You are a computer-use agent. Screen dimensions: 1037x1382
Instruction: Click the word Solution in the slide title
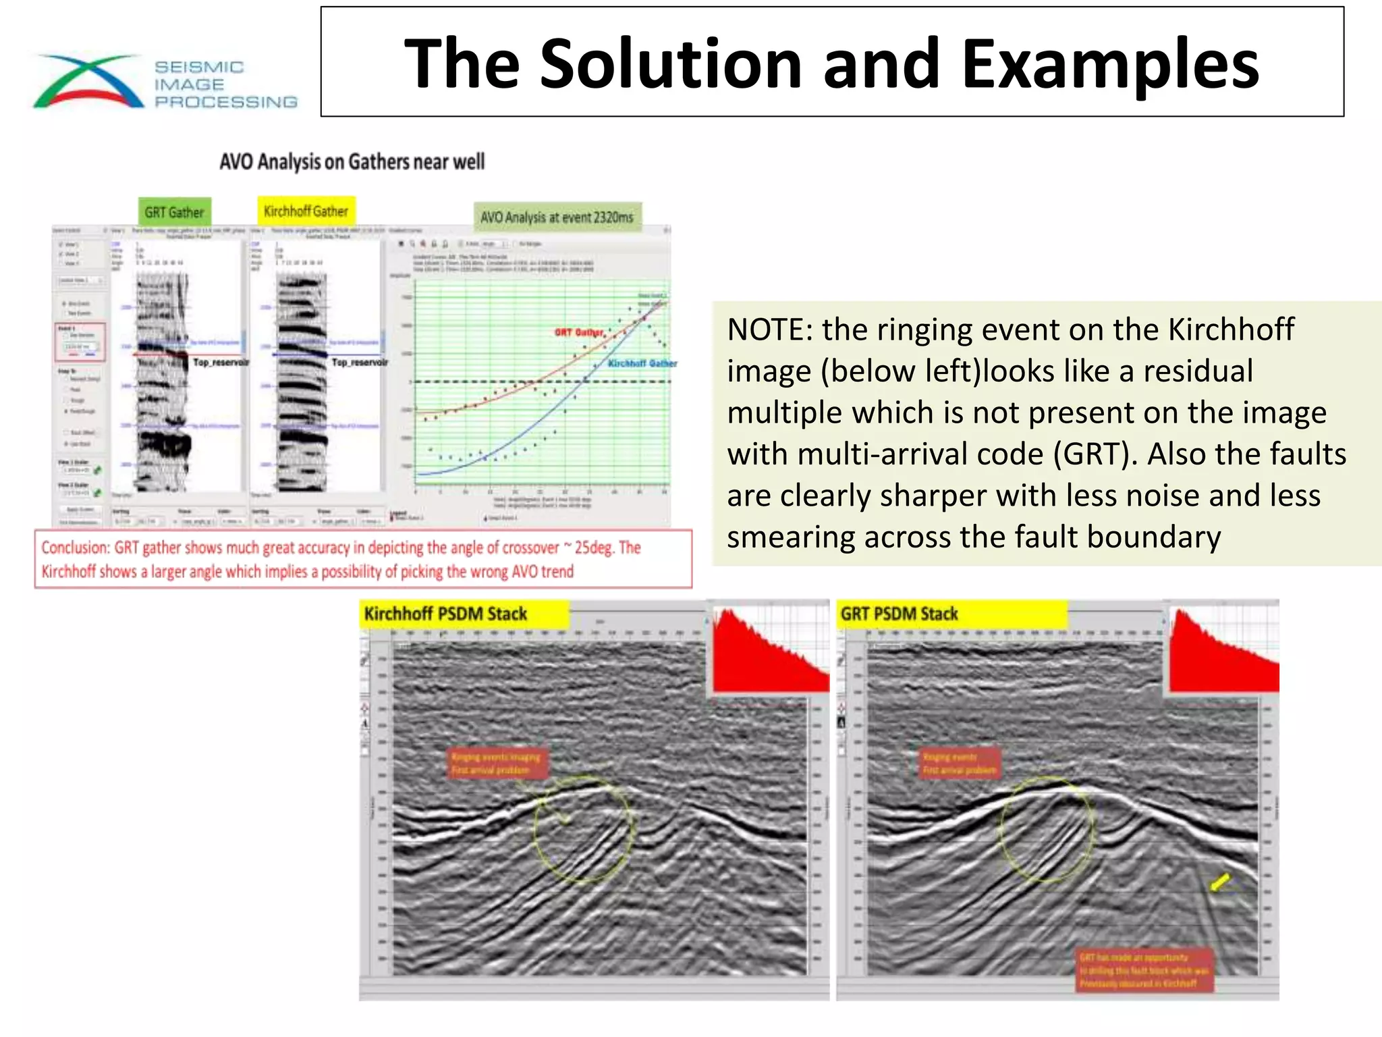[x=670, y=63]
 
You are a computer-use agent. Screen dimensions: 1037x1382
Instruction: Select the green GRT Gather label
[x=174, y=212]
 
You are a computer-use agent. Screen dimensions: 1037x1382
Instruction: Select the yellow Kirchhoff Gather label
[x=306, y=211]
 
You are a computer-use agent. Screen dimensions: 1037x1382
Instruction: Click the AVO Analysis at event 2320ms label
[x=557, y=217]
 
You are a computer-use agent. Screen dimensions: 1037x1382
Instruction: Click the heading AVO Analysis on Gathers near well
[x=352, y=162]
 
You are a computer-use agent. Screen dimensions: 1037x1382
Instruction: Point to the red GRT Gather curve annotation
[x=578, y=332]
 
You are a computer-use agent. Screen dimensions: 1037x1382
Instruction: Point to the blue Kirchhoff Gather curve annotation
[x=642, y=363]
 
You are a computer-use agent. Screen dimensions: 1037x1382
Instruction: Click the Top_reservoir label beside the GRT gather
[x=220, y=363]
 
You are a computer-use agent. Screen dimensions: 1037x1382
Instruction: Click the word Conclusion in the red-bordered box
[x=74, y=548]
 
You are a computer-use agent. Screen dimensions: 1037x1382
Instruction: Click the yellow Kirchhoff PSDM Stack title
[x=445, y=614]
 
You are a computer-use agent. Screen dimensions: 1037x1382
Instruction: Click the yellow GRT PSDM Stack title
[x=899, y=614]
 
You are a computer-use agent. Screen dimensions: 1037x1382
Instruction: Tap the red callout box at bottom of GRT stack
[x=1144, y=970]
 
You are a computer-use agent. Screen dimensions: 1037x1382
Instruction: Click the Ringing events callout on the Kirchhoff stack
[x=496, y=764]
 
